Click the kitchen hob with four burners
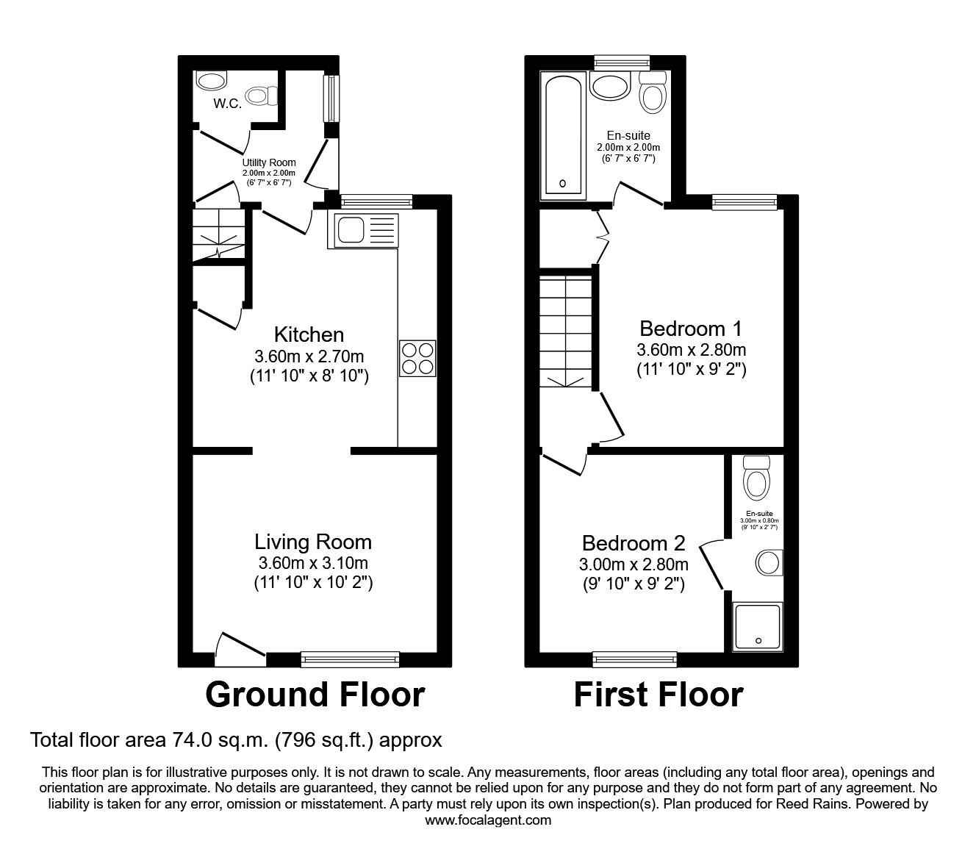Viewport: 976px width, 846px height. [417, 359]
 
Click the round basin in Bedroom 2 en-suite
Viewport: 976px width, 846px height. [769, 563]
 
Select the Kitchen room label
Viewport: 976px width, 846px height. [309, 335]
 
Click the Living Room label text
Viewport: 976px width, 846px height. [313, 542]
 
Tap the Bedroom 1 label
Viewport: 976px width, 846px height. [691, 329]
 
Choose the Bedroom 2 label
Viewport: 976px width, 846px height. [634, 543]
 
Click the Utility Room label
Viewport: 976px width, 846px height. [269, 162]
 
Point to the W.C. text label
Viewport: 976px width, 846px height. [227, 104]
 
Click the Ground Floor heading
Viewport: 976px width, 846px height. [315, 695]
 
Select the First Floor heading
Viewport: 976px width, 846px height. [659, 695]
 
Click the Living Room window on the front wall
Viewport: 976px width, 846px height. [350, 659]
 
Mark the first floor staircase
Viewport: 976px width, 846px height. [566, 331]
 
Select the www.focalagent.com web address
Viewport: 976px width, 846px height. [488, 820]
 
